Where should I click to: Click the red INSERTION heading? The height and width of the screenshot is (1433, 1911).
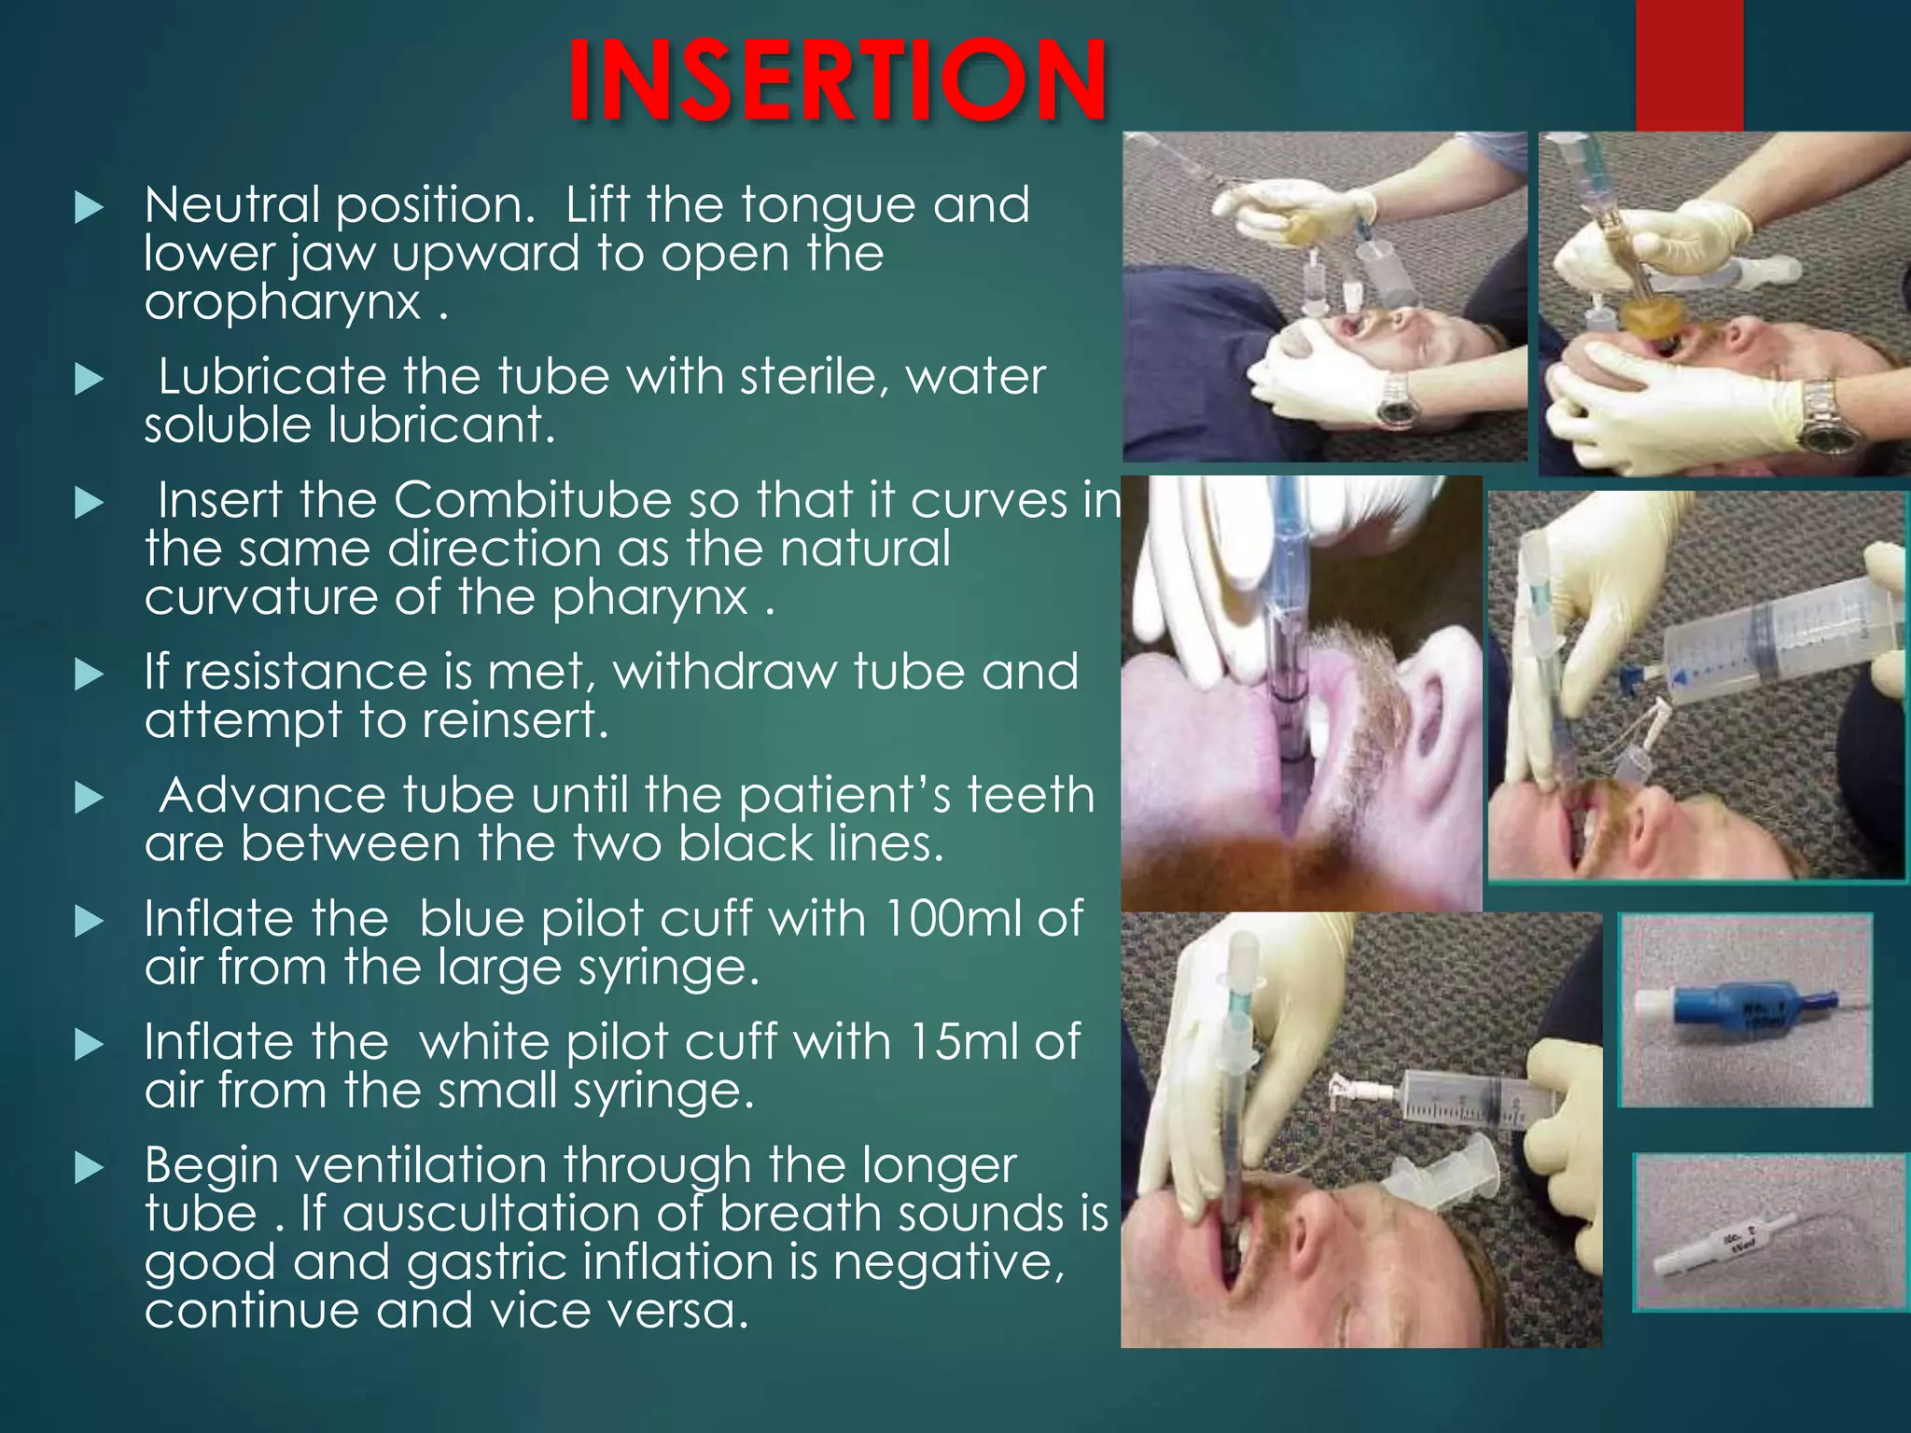click(x=837, y=82)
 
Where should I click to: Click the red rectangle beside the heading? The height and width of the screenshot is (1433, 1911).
click(x=1689, y=65)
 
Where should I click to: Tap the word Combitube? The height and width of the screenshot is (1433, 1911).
click(x=532, y=501)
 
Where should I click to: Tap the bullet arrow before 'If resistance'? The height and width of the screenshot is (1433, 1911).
click(x=89, y=674)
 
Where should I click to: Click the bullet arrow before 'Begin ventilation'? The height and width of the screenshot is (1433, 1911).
click(x=89, y=1167)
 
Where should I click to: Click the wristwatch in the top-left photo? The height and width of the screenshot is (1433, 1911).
click(x=1396, y=401)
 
